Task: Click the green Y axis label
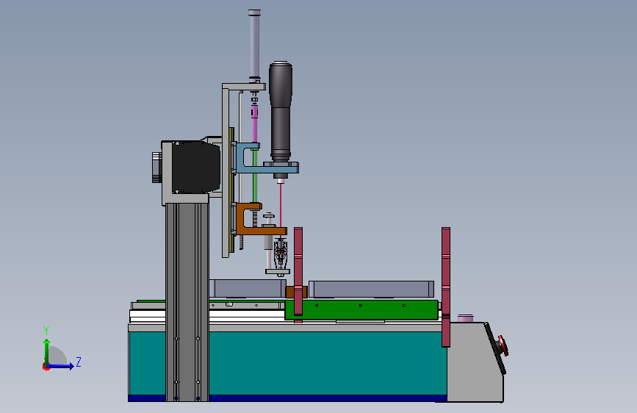tap(46, 331)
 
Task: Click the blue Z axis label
tap(79, 362)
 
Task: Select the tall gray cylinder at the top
tap(254, 44)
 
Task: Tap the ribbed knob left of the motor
tap(156, 167)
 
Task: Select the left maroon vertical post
tap(298, 271)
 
